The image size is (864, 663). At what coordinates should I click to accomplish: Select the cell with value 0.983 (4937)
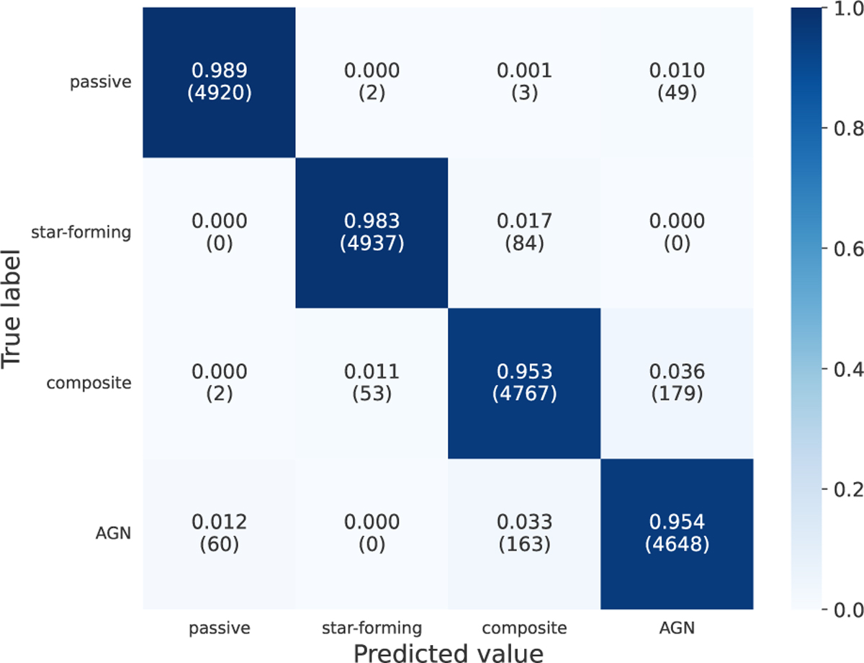point(372,233)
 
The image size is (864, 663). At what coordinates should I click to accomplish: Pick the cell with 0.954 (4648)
point(676,534)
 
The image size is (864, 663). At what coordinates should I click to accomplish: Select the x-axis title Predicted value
point(447,649)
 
